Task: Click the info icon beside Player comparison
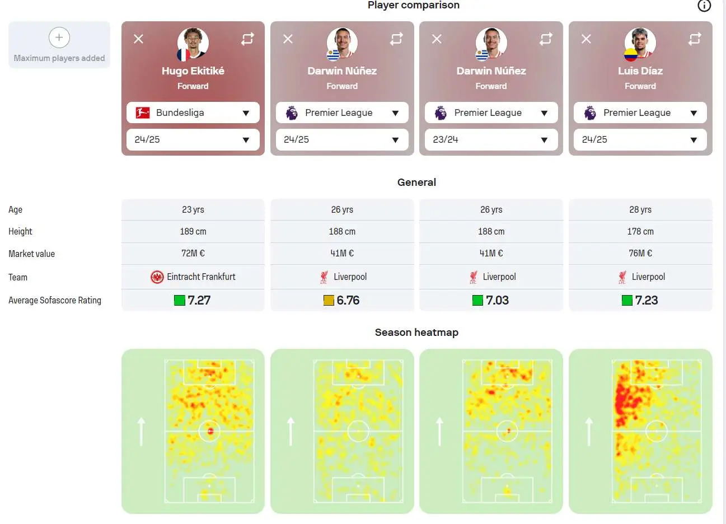coord(704,6)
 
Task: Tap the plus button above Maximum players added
coord(59,38)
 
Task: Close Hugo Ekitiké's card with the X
coord(138,39)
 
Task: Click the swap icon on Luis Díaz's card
coord(695,39)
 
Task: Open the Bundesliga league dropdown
coord(193,113)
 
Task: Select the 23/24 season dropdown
coord(491,139)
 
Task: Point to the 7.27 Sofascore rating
coord(199,301)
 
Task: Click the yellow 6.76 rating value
coord(348,301)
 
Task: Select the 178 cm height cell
coord(640,231)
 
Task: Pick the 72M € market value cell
coord(193,254)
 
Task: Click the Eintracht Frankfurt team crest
coord(157,277)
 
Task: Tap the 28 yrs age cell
coord(640,210)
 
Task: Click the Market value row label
coord(31,254)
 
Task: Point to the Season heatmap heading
coord(416,333)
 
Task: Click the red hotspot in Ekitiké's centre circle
coord(210,431)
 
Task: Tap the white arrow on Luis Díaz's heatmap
coord(589,432)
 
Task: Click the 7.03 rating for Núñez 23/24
coord(497,301)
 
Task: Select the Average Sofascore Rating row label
coord(55,301)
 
